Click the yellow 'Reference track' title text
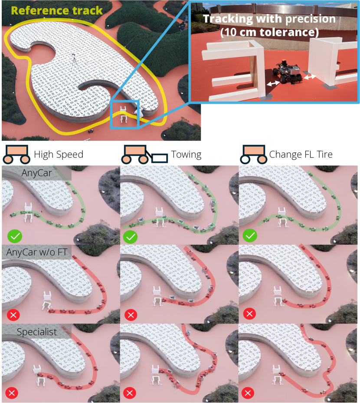click(57, 10)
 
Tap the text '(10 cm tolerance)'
click(270, 32)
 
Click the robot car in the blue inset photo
click(288, 72)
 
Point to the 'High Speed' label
click(59, 154)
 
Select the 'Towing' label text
click(186, 154)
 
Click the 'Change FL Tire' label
click(301, 154)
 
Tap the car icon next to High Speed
click(16, 154)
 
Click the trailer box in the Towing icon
click(160, 158)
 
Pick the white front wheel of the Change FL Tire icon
click(245, 159)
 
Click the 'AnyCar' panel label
click(37, 173)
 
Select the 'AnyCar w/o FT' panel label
click(37, 252)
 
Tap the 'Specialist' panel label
click(37, 332)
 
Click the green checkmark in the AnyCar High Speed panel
click(15, 236)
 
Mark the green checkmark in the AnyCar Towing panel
click(131, 237)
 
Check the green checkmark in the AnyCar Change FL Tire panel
click(250, 235)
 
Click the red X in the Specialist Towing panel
click(130, 393)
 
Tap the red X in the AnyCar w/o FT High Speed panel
click(13, 315)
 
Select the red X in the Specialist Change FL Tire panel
click(248, 393)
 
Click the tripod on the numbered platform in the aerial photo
click(74, 63)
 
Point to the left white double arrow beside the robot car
click(273, 83)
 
